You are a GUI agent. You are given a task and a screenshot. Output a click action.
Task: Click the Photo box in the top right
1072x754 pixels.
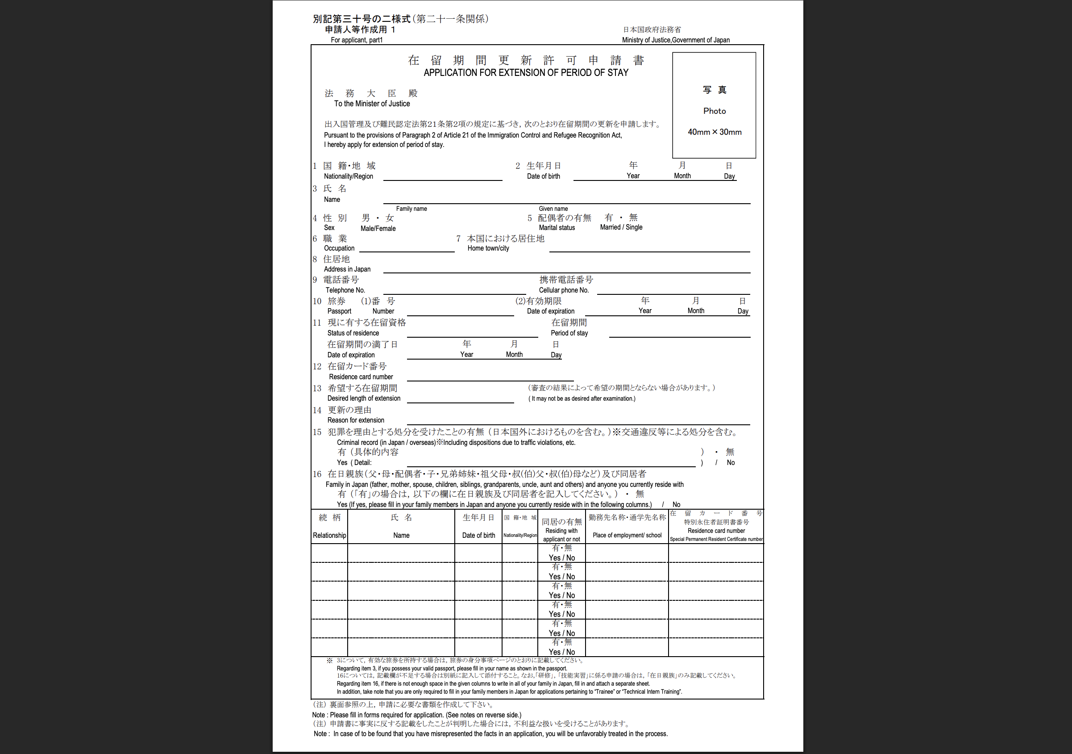[714, 105]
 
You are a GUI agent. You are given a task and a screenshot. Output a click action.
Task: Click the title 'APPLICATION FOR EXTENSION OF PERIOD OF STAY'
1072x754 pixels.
[526, 73]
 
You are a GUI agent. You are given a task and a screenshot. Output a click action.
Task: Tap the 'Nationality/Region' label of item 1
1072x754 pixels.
[348, 176]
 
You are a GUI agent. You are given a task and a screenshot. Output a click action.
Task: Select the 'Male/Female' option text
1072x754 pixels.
[378, 228]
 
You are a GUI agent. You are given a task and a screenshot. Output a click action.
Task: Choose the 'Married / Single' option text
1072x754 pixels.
[621, 227]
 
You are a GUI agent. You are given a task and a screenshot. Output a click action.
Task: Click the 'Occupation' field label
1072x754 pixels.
[339, 248]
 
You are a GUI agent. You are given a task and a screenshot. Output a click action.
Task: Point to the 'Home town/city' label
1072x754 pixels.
[488, 248]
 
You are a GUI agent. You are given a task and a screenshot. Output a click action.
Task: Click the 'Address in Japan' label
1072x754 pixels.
[347, 269]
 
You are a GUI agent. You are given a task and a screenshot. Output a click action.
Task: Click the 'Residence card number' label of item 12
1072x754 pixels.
[361, 377]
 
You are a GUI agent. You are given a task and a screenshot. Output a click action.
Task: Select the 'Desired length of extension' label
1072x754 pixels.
[364, 398]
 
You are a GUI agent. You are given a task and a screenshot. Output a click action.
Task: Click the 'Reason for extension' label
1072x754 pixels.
[355, 420]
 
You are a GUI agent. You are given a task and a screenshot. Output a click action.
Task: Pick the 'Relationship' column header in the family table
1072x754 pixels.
[329, 536]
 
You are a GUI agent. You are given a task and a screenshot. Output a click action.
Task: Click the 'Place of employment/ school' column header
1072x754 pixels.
[627, 536]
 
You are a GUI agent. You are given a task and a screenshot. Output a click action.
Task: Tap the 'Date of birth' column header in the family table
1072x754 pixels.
[478, 536]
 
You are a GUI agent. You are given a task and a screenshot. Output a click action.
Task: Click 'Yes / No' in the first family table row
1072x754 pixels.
[562, 558]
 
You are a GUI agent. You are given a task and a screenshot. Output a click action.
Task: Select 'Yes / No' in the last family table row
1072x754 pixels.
[562, 652]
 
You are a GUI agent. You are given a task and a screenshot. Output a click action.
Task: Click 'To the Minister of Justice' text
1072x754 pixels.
[372, 104]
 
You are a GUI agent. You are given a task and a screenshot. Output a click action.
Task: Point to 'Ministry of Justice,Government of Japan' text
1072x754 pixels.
[675, 40]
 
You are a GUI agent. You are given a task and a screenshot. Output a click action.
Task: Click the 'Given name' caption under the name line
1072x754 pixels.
[553, 209]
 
